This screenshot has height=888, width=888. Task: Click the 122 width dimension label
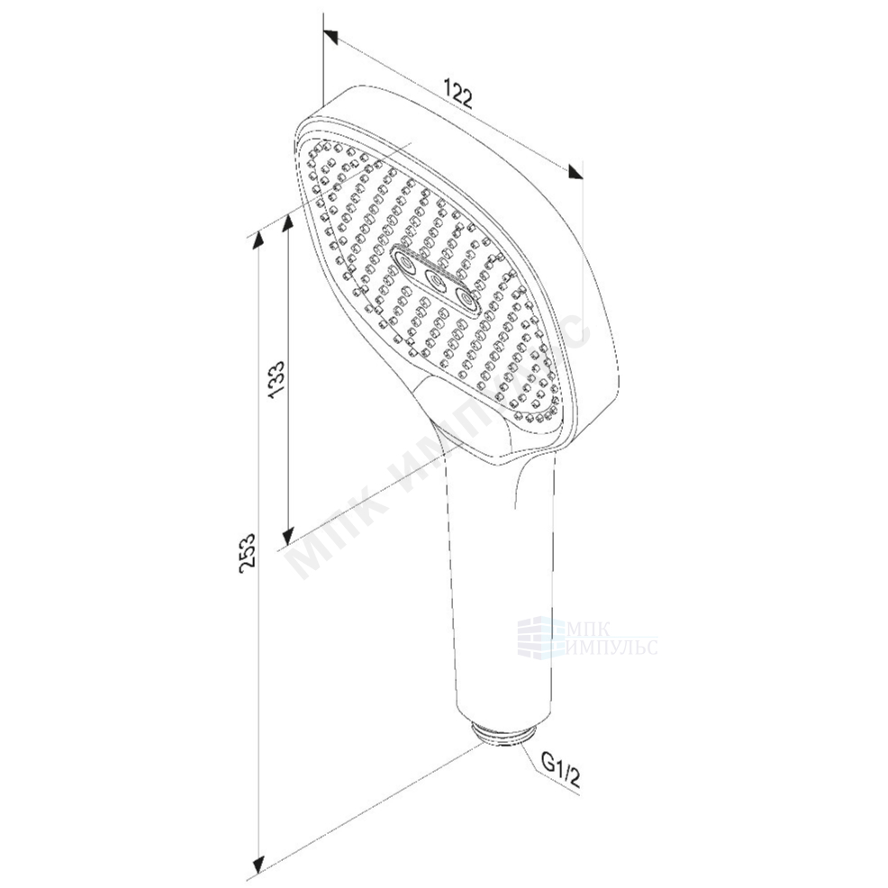(x=458, y=94)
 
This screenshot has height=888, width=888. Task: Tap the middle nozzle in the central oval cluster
(x=435, y=279)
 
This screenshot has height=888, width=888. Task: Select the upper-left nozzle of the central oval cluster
(x=406, y=262)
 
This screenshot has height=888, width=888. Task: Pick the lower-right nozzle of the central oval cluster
(x=465, y=297)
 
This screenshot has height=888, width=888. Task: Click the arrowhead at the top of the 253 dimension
(x=258, y=239)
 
